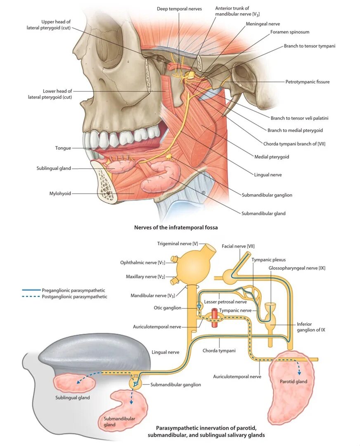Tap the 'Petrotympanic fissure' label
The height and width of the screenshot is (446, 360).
307,82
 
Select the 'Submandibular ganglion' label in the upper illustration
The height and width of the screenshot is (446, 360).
267,195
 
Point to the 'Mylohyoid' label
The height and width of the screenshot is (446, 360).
60,193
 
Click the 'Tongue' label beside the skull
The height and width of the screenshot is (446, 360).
63,148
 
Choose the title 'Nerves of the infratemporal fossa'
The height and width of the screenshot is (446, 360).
176,227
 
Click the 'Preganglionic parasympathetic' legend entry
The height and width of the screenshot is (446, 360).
73,290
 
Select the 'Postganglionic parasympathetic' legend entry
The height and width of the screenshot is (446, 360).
74,297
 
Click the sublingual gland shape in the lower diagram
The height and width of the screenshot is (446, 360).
74,383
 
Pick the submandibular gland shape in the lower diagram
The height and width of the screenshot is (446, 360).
126,409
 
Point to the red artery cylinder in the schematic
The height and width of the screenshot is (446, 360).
215,318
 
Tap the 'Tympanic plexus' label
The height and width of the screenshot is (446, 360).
268,260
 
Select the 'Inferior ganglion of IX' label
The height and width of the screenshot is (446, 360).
310,327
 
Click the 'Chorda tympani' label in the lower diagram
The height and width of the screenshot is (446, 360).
219,351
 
